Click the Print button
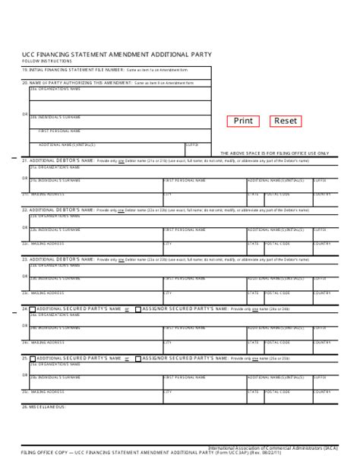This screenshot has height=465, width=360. [243, 121]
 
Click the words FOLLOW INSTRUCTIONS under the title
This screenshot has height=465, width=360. [47, 61]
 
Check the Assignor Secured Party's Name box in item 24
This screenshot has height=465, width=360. [137, 309]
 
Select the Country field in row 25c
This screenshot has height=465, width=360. [322, 394]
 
